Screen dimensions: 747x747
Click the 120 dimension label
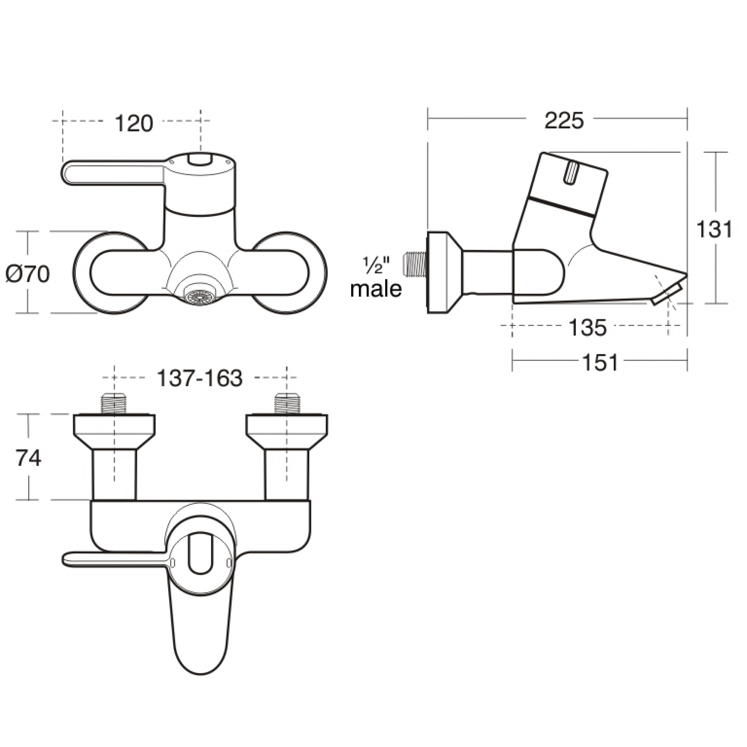(x=134, y=123)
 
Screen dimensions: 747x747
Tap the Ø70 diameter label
(x=28, y=275)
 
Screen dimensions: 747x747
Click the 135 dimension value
(x=587, y=328)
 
